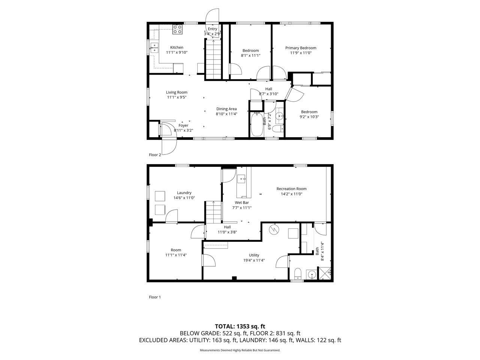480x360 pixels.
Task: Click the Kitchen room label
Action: click(x=177, y=48)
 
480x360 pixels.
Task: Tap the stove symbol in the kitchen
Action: click(x=177, y=29)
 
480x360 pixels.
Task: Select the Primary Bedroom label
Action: click(x=300, y=48)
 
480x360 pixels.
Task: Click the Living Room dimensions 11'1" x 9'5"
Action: click(x=177, y=97)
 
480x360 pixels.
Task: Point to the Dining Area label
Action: click(x=226, y=109)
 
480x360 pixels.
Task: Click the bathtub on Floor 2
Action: click(x=257, y=124)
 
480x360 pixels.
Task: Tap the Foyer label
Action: click(x=183, y=126)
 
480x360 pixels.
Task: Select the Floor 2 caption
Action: click(x=155, y=154)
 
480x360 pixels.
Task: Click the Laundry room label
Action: click(x=184, y=193)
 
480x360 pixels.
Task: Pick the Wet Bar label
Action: click(x=242, y=202)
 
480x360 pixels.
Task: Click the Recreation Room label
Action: click(x=291, y=189)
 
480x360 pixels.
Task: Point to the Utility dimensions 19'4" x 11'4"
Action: click(x=254, y=260)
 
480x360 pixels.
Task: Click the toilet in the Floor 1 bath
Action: click(x=298, y=274)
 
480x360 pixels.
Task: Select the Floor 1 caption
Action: click(x=155, y=297)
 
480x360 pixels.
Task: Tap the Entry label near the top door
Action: click(x=212, y=29)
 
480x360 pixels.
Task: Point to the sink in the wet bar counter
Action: click(x=242, y=179)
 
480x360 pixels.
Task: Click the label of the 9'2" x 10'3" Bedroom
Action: click(x=309, y=112)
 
